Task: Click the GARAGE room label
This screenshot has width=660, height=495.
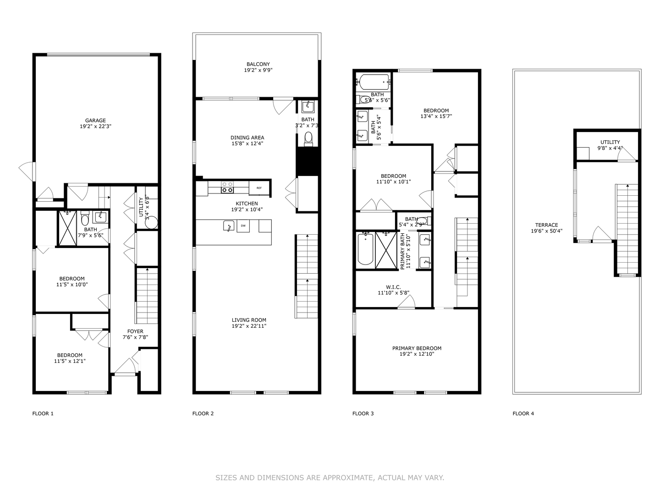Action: pos(95,121)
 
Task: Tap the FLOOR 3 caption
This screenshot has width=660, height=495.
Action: pos(363,413)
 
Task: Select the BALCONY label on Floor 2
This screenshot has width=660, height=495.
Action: pos(258,64)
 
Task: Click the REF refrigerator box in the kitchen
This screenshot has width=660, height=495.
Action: pos(259,188)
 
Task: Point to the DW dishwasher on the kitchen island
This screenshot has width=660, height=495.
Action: pos(243,225)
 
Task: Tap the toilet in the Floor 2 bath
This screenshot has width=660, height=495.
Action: pos(308,137)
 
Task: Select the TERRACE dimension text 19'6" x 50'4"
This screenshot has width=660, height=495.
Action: pos(546,231)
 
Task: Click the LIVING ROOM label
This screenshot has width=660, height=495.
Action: pos(248,320)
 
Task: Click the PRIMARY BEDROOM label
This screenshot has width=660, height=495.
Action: pos(417,348)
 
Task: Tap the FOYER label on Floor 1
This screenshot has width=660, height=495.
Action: pos(135,331)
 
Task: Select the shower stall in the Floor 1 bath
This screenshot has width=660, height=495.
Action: pos(67,228)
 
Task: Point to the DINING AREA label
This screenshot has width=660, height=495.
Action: pos(247,137)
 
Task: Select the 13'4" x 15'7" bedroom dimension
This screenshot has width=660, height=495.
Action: pos(436,116)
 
